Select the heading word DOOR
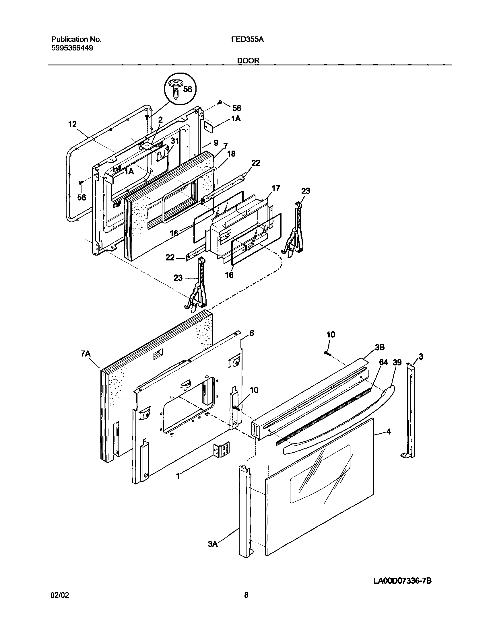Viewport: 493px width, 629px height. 248,61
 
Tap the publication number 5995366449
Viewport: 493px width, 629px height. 72,48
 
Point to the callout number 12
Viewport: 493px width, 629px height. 72,124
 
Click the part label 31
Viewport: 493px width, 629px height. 175,141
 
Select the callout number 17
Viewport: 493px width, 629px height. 276,188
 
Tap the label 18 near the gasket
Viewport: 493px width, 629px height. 231,154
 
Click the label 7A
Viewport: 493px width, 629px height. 86,354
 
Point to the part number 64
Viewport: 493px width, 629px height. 383,362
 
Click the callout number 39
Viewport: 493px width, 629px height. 397,362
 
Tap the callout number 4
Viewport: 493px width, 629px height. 389,440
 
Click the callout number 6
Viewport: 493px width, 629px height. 252,333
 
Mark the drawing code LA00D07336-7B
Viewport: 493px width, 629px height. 402,581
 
